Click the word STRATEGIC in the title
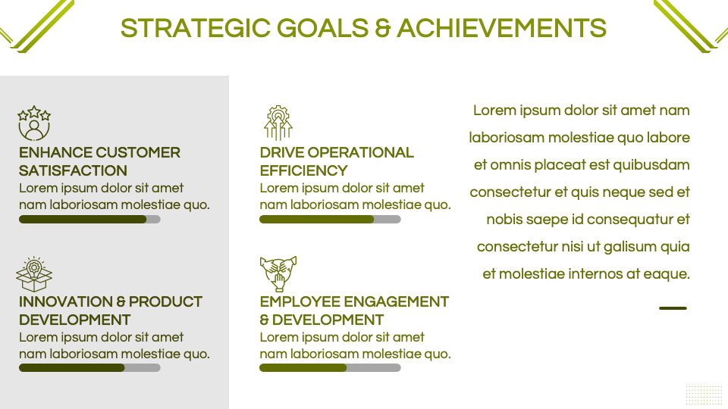196,28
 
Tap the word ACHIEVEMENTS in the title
501,28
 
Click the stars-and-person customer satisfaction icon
34,123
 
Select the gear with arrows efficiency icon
278,123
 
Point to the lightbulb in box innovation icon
34,274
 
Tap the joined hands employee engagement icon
278,274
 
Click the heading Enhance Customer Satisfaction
99,161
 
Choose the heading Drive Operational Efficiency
337,161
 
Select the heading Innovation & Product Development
111,311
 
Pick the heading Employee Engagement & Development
354,311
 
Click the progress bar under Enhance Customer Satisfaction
89,220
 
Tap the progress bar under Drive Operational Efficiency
330,220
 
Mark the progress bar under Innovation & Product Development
89,368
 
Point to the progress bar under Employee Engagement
330,368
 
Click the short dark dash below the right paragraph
673,308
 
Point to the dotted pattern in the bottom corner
704,395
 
